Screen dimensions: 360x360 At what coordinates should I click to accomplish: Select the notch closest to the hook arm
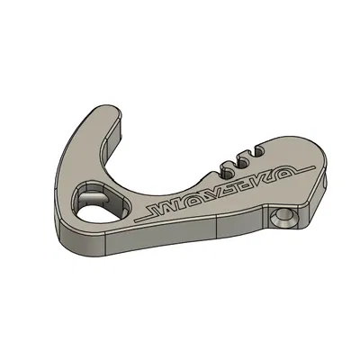point(224,163)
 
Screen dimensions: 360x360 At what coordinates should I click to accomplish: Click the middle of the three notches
point(238,158)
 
